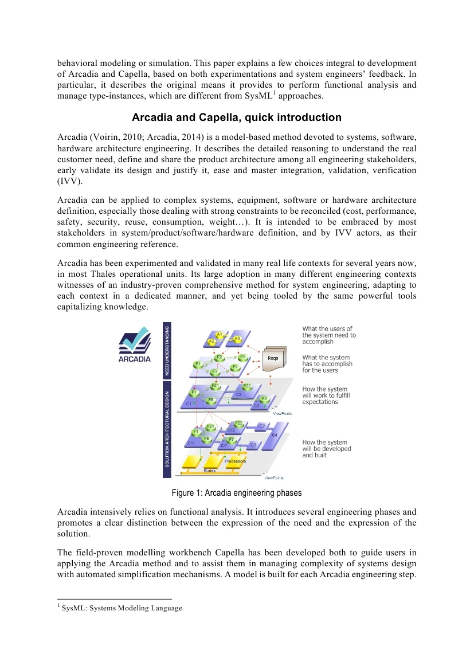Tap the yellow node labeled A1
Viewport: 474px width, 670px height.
(219, 334)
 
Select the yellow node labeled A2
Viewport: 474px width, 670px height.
(211, 341)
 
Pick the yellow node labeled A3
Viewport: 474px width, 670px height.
(237, 339)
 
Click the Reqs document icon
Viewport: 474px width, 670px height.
(274, 359)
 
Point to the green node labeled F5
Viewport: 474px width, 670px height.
(243, 357)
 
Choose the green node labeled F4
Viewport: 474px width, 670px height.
(234, 366)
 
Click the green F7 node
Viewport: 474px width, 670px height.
(232, 440)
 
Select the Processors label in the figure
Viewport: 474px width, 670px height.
(235, 461)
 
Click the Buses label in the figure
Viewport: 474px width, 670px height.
(209, 471)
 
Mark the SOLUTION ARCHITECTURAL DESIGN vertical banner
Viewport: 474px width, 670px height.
(167, 429)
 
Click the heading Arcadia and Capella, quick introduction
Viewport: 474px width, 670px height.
(237, 117)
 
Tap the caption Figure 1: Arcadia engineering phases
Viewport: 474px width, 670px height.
(237, 493)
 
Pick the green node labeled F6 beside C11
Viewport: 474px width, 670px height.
(206, 438)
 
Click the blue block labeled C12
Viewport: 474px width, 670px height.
(231, 430)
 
